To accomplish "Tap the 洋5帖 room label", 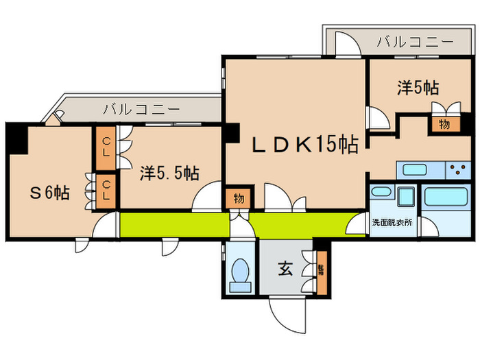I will click(x=418, y=88).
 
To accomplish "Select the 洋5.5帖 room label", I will click(x=170, y=173).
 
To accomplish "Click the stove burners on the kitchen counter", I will click(x=459, y=169).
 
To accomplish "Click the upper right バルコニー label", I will click(x=415, y=42).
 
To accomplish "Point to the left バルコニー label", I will click(x=142, y=109).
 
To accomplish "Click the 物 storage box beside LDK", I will click(x=238, y=199).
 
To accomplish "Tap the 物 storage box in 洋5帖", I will click(x=444, y=125).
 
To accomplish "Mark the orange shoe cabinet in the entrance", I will click(x=322, y=269).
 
